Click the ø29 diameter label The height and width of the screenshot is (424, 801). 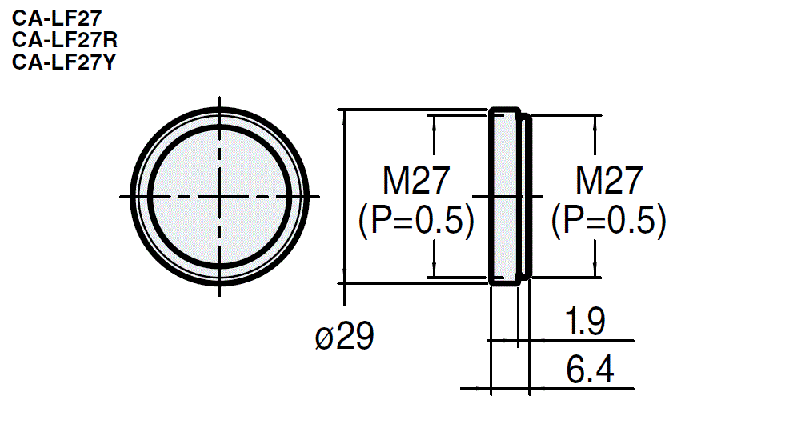pyautogui.click(x=345, y=338)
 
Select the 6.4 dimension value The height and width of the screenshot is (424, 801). pyautogui.click(x=589, y=370)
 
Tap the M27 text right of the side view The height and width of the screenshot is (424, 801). pyautogui.click(x=609, y=182)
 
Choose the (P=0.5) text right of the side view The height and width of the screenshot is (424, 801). pyautogui.click(x=609, y=221)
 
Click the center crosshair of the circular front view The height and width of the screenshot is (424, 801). pyautogui.click(x=219, y=196)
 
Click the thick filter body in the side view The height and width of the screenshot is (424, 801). pyautogui.click(x=504, y=196)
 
